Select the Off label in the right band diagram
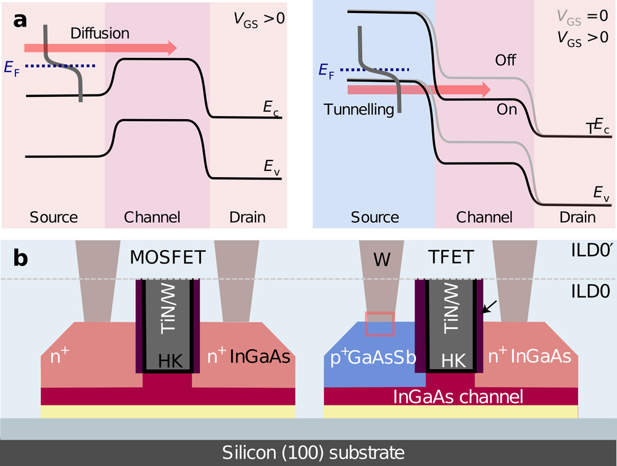click(506, 60)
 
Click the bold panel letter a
click(20, 20)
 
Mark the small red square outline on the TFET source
click(379, 324)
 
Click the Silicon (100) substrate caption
click(308, 451)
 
